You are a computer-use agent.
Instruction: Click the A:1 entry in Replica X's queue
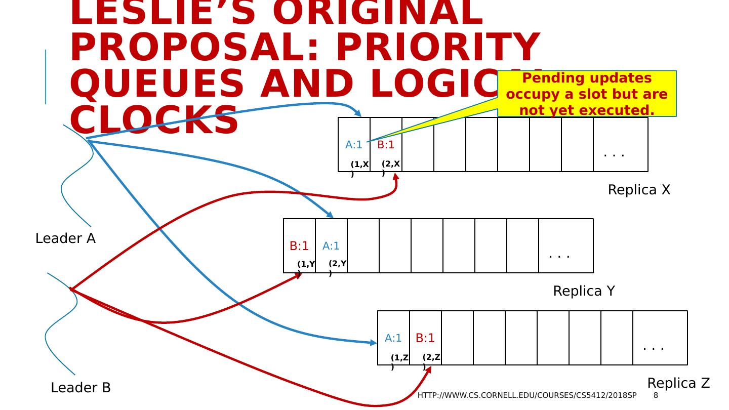click(x=354, y=145)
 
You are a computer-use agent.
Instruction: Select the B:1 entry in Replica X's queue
click(x=386, y=145)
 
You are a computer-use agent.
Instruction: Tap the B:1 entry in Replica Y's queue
click(x=299, y=246)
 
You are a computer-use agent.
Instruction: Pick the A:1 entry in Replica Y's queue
click(x=331, y=246)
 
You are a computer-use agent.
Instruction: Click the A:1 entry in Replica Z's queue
click(x=393, y=338)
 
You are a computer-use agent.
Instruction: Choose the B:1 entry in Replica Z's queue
click(x=425, y=338)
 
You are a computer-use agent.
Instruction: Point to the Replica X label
click(x=639, y=190)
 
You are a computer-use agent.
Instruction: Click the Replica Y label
click(x=584, y=291)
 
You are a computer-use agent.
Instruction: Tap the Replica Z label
click(x=678, y=383)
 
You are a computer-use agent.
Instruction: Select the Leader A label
click(x=65, y=238)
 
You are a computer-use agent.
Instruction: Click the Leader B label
click(x=80, y=388)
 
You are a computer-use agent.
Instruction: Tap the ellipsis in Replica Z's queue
click(x=654, y=347)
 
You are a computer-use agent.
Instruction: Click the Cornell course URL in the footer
click(x=526, y=395)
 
